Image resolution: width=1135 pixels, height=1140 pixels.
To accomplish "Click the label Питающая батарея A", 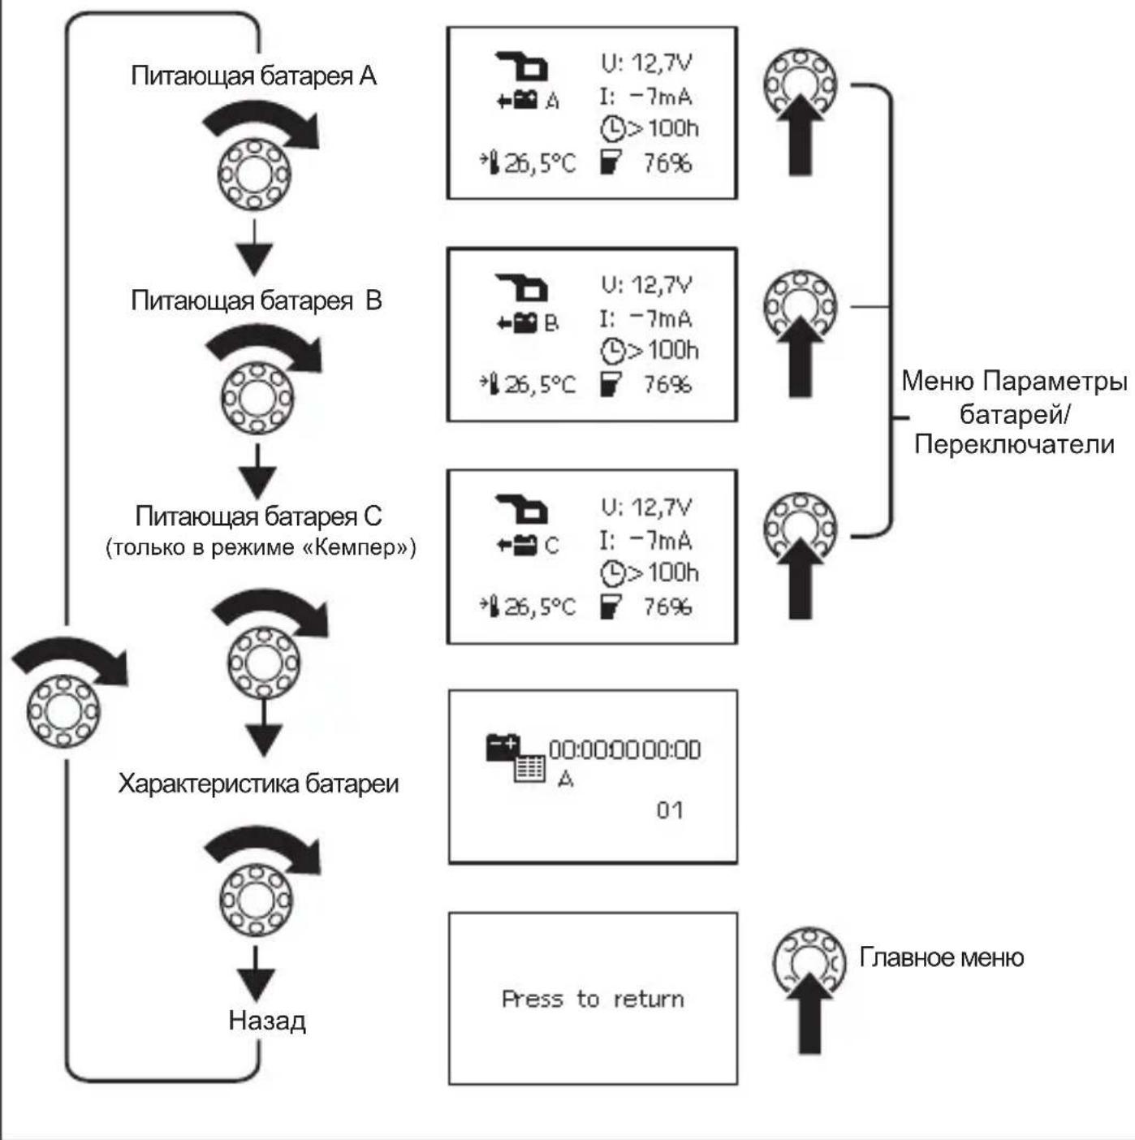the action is [x=254, y=76].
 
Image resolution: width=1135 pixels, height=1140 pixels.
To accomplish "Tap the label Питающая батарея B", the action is [x=257, y=301].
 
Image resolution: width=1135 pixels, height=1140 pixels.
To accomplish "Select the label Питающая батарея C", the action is [x=259, y=516].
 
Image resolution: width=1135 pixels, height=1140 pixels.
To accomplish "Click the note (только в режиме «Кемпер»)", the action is [x=261, y=548].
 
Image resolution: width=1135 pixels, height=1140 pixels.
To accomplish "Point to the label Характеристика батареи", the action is [x=259, y=784].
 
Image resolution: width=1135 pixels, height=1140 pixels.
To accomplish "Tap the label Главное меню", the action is [x=942, y=957].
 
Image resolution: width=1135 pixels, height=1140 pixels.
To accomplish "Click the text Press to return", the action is [x=593, y=1000].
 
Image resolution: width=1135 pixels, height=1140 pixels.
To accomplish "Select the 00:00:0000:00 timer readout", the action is [x=625, y=749].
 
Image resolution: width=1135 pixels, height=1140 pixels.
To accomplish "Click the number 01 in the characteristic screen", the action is [x=670, y=810].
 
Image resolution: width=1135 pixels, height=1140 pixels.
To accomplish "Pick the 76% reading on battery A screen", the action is [x=667, y=163].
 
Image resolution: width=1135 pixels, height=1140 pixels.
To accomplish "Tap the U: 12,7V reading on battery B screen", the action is [x=646, y=285].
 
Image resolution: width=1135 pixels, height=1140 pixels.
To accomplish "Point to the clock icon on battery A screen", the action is [x=613, y=129].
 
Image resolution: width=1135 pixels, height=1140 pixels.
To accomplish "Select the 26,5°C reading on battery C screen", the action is [x=540, y=607].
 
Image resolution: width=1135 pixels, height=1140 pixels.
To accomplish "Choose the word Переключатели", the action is [x=1014, y=445].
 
